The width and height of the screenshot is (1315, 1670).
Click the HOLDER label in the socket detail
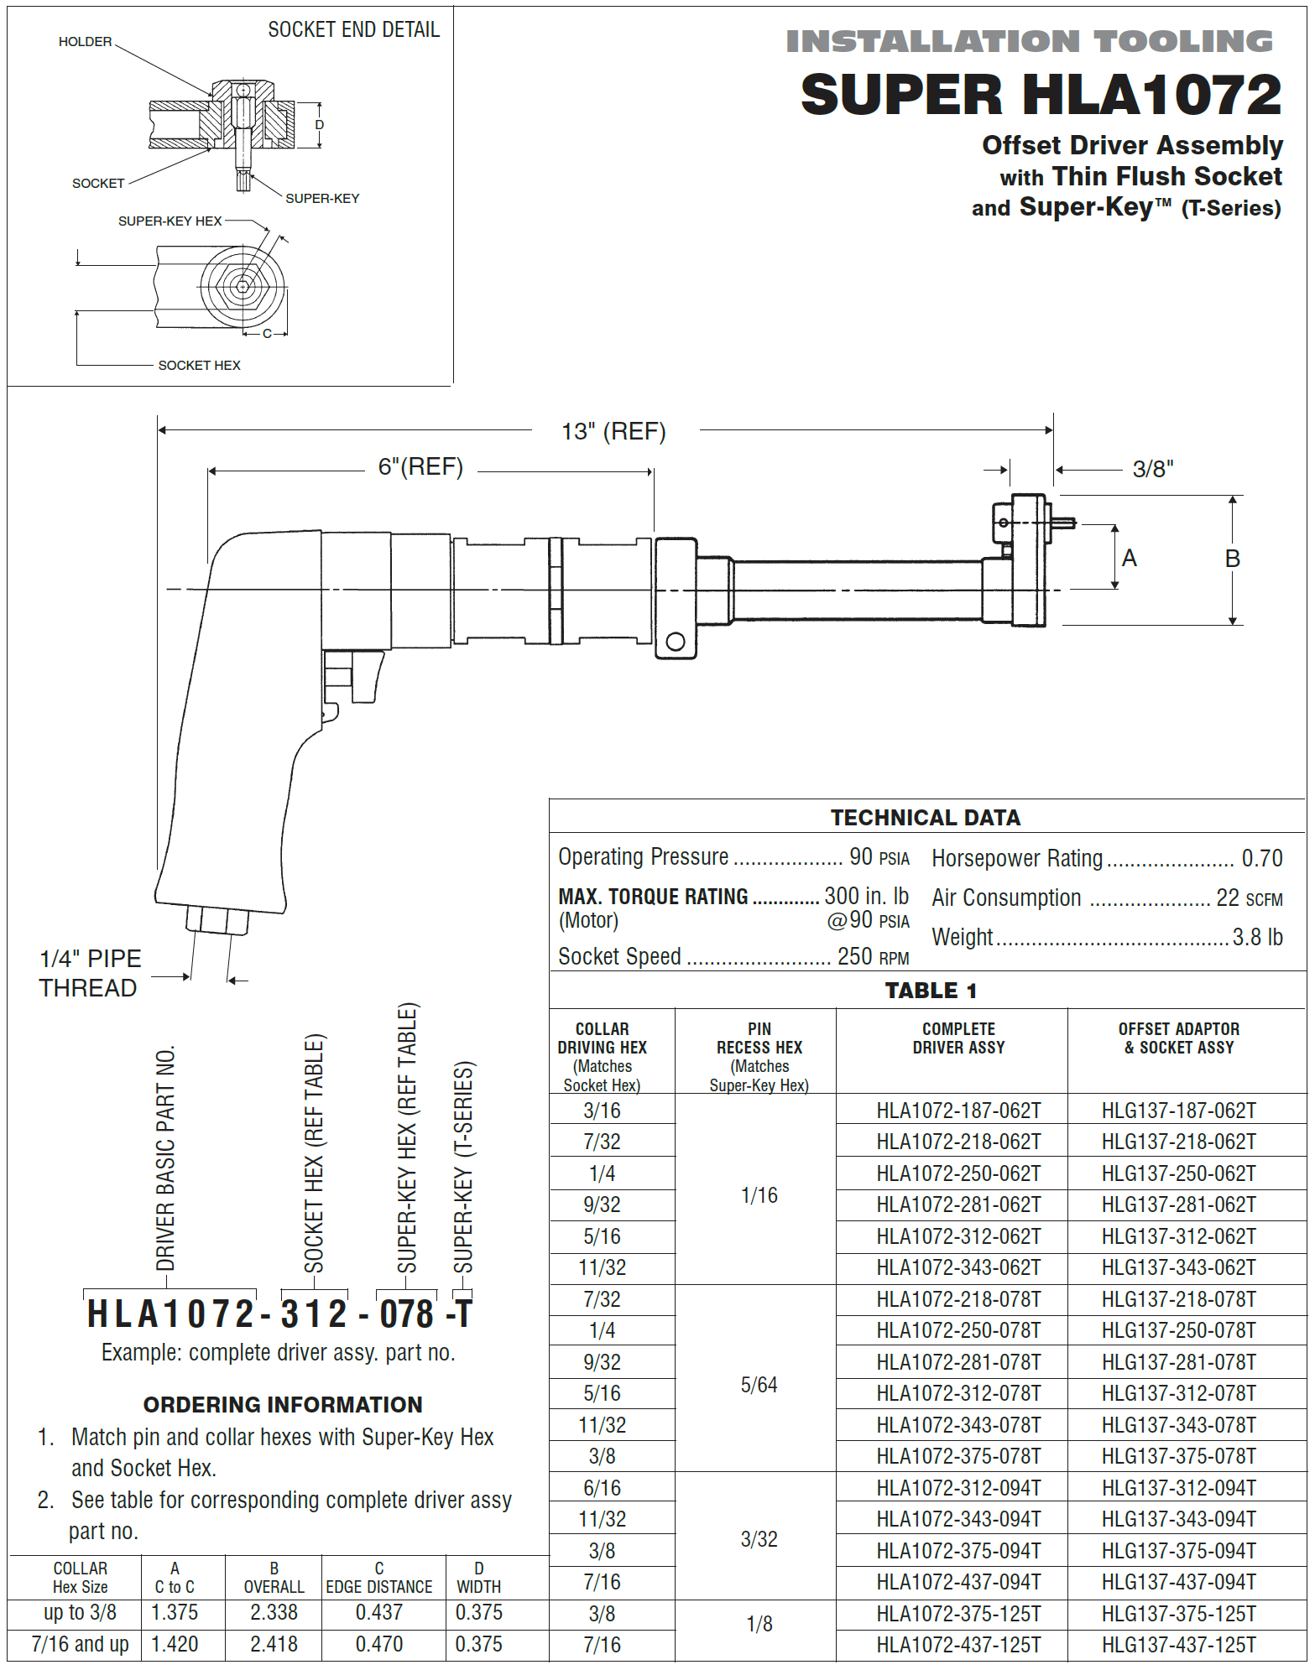click(85, 41)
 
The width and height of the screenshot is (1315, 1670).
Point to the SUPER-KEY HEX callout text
click(170, 221)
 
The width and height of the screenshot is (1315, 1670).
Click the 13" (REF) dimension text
click(613, 431)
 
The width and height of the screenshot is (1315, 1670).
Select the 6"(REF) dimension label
click(420, 466)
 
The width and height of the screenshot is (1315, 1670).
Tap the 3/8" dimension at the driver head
click(1152, 469)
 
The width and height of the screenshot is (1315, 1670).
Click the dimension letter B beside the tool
click(1232, 559)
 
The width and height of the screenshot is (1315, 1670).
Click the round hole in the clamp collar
click(675, 643)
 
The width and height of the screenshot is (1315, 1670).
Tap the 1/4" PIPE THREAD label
click(90, 973)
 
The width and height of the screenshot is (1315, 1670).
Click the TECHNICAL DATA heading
click(926, 818)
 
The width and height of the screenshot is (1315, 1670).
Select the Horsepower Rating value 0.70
click(1261, 858)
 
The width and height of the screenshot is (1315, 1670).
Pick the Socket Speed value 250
click(854, 956)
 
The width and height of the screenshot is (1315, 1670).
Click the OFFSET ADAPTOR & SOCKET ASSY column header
click(1178, 1038)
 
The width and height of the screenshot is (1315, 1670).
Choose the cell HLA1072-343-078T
click(958, 1425)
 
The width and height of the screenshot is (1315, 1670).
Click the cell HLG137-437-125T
click(1178, 1645)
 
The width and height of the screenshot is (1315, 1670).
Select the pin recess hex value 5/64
click(759, 1385)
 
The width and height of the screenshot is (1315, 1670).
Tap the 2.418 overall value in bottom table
click(274, 1644)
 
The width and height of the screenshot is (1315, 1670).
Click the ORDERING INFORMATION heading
click(283, 1404)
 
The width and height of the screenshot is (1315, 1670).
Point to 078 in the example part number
click(407, 1314)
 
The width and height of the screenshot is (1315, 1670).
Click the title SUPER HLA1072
click(1041, 94)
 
